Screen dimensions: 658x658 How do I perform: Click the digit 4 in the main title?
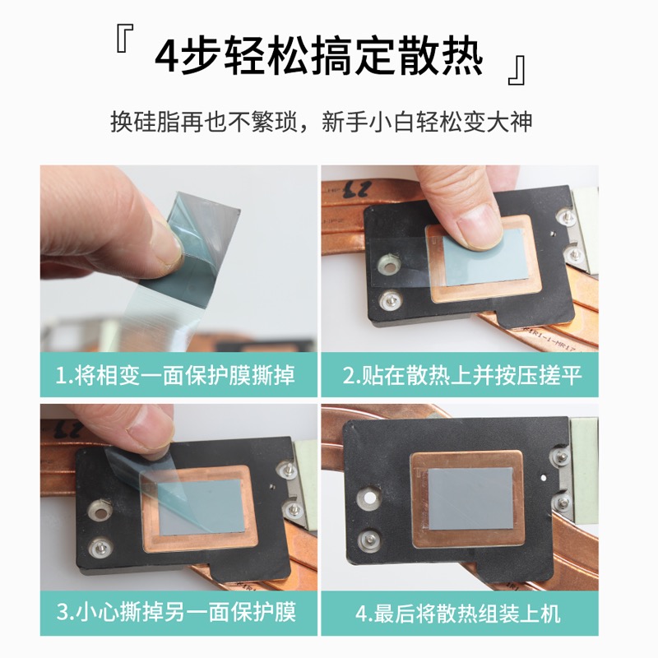171,59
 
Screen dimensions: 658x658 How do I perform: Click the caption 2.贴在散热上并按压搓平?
462,376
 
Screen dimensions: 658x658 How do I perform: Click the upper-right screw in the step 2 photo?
563,219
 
